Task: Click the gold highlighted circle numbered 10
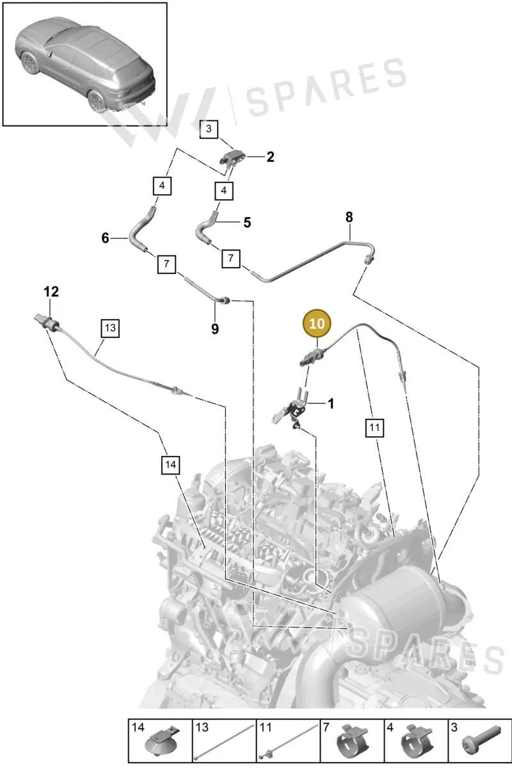[317, 323]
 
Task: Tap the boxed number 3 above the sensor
[209, 129]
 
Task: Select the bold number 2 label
[270, 157]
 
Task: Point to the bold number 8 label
[349, 218]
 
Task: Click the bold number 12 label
[51, 292]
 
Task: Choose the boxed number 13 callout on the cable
[110, 328]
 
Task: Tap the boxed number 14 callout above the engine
[170, 465]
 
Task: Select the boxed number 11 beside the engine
[374, 428]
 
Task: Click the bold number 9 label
[215, 328]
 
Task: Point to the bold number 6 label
[105, 238]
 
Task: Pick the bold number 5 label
[247, 223]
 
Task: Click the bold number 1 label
[331, 403]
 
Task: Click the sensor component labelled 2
[232, 158]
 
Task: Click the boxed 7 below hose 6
[166, 264]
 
